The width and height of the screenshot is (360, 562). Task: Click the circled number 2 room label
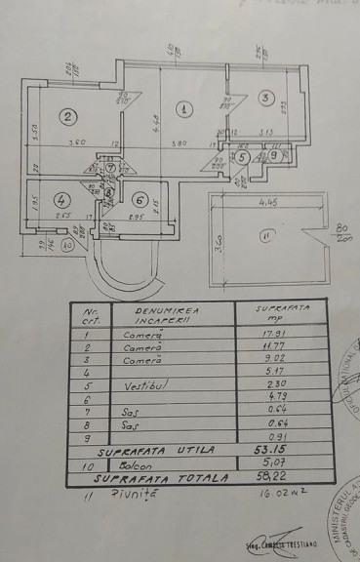(67, 117)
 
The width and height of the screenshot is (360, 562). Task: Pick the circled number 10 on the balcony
(67, 247)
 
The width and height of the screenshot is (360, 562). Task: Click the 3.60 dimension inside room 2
(66, 145)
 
